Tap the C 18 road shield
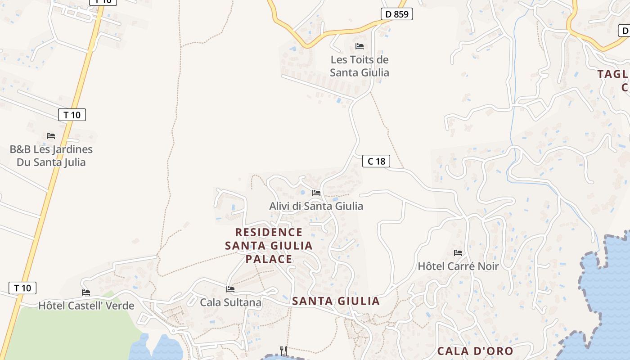click(x=376, y=161)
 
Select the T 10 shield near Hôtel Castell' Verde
click(x=22, y=288)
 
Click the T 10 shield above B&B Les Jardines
click(x=72, y=115)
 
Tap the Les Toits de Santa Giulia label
click(x=359, y=66)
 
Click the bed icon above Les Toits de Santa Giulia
click(x=359, y=46)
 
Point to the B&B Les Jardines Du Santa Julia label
click(x=51, y=156)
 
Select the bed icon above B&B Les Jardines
click(x=51, y=135)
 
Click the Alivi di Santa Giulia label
click(x=316, y=206)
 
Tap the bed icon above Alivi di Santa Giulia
click(x=316, y=193)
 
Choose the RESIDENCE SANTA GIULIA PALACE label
click(x=269, y=245)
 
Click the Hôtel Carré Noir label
click(x=458, y=266)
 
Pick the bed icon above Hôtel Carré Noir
click(x=458, y=252)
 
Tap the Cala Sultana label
click(x=230, y=302)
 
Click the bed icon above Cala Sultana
click(x=230, y=289)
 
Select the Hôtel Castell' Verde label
click(x=86, y=306)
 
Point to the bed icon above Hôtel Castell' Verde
click(x=86, y=292)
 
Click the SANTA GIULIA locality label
click(x=336, y=301)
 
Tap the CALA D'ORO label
click(x=475, y=351)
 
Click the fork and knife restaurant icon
click(x=283, y=351)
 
